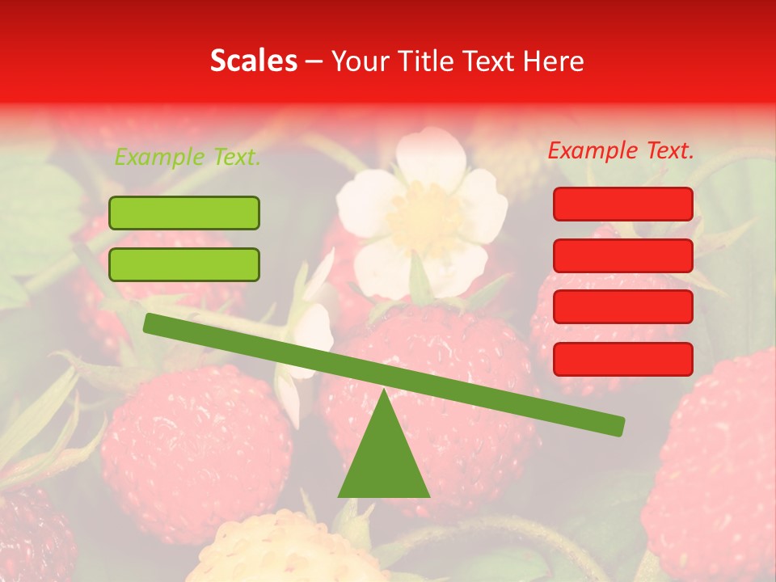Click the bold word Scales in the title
click(253, 61)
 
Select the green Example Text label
click(188, 158)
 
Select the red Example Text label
click(621, 150)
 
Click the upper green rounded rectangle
click(184, 213)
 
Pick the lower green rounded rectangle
click(184, 264)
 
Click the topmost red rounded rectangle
click(623, 204)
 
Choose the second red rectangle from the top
click(623, 255)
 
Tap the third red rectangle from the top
click(623, 307)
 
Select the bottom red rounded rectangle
click(623, 359)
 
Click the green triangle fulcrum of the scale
click(383, 457)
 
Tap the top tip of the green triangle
click(383, 391)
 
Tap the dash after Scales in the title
click(314, 61)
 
